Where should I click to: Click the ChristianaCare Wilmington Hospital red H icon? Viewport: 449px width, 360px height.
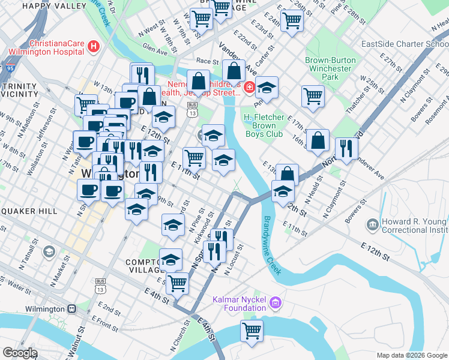[93, 46]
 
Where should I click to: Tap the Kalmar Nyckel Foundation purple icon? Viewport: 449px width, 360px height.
[276, 301]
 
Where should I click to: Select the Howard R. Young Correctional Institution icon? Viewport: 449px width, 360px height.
[372, 225]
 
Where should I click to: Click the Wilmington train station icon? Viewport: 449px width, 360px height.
[71, 308]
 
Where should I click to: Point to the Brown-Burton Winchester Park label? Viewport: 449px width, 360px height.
[330, 68]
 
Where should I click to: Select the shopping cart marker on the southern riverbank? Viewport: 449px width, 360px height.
[252, 330]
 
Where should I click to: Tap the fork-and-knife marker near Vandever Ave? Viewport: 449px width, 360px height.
[346, 148]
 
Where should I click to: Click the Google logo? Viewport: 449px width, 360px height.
[20, 353]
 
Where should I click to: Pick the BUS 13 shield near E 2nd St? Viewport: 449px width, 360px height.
[101, 285]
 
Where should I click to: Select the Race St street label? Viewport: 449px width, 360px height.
[207, 61]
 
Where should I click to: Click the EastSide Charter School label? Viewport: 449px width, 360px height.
[405, 44]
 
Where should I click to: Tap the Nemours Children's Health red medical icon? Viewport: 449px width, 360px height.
[249, 89]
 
